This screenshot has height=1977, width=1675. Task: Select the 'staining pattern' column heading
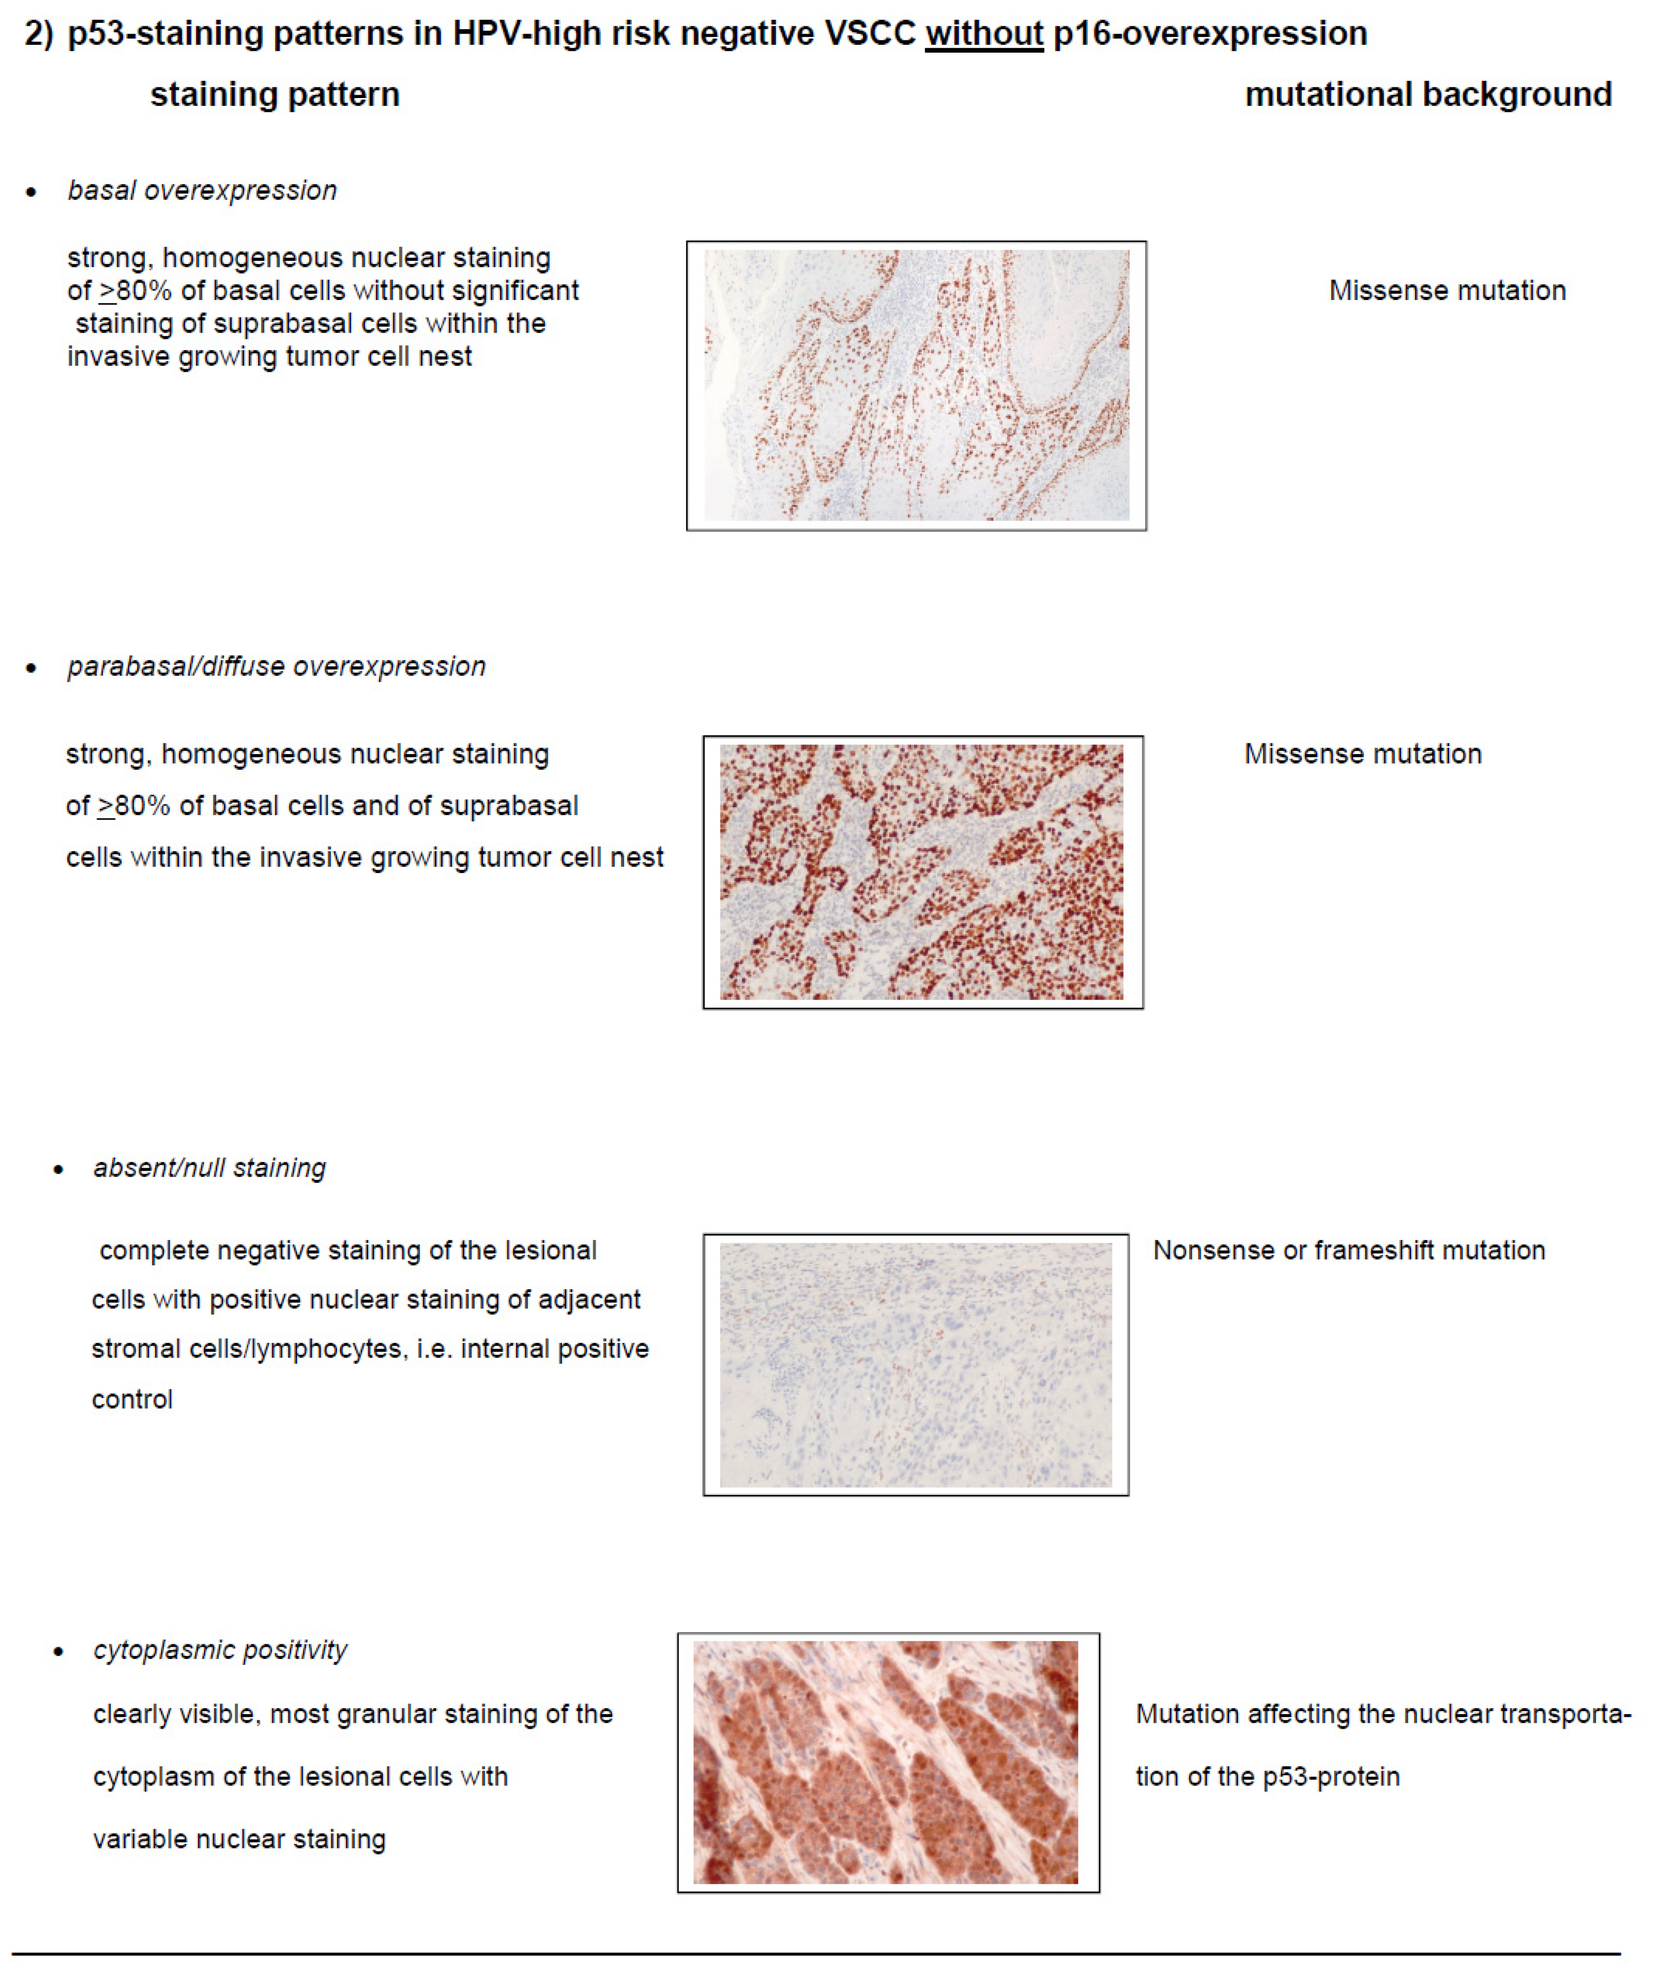[x=275, y=95]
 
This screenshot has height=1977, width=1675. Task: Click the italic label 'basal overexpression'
[x=202, y=191]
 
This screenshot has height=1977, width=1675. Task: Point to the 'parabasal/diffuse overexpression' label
[x=276, y=667]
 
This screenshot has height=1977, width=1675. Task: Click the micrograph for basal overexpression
[x=917, y=385]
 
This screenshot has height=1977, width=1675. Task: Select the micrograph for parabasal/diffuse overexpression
[x=922, y=872]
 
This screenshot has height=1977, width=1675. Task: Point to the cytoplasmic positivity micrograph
[x=887, y=1762]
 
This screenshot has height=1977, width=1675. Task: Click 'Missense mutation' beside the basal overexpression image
[x=1447, y=291]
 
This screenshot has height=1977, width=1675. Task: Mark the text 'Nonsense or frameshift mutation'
[x=1348, y=1251]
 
